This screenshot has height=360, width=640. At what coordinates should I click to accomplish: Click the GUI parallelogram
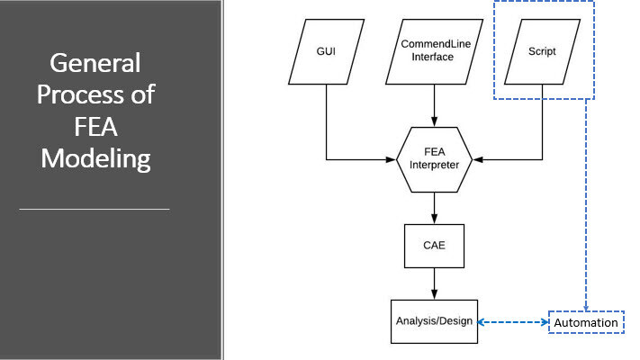click(x=326, y=52)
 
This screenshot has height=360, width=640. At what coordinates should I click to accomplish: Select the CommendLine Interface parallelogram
click(x=434, y=52)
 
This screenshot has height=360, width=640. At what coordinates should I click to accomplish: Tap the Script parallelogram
click(x=542, y=52)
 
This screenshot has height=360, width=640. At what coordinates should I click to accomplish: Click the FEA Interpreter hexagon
click(x=434, y=159)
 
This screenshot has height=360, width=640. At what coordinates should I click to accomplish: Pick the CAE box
click(x=434, y=246)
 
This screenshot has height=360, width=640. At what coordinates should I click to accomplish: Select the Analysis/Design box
click(x=434, y=321)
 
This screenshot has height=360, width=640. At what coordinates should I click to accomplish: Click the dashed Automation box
click(x=586, y=322)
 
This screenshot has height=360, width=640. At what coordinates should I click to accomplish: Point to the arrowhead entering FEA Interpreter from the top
click(x=434, y=121)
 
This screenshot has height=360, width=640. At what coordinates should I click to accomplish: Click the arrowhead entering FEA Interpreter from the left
click(x=391, y=159)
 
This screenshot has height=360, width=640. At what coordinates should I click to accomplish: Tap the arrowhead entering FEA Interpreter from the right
click(x=478, y=159)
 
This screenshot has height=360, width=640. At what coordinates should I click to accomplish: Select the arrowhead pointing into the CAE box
click(x=434, y=219)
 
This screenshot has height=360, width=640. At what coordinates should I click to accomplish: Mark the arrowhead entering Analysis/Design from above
click(x=434, y=294)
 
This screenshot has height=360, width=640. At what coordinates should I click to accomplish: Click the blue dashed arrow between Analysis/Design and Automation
click(x=513, y=322)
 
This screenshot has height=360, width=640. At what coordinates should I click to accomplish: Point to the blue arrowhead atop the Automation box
click(x=586, y=309)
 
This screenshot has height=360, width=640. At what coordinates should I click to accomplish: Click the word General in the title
click(x=95, y=63)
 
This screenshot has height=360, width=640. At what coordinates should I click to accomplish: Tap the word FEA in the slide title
click(x=96, y=127)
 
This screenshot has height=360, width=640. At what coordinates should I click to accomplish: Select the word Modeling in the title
click(x=96, y=159)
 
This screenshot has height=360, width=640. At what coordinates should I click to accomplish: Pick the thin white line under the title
click(x=95, y=210)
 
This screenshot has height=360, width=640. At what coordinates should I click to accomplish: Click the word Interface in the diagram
click(x=433, y=57)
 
